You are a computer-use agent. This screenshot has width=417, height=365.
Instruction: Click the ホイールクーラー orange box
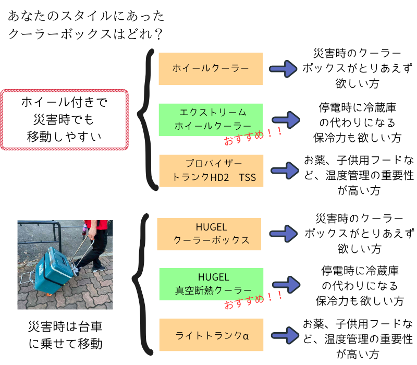(x=211, y=68)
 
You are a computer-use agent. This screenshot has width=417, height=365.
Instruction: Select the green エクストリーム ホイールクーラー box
(x=211, y=119)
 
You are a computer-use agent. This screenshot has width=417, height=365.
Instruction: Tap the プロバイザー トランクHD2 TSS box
(x=211, y=171)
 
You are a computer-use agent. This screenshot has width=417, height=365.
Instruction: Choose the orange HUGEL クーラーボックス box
(x=209, y=234)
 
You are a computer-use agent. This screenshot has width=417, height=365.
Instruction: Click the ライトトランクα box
(x=211, y=334)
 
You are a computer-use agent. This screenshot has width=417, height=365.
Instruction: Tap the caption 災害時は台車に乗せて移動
(x=65, y=335)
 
